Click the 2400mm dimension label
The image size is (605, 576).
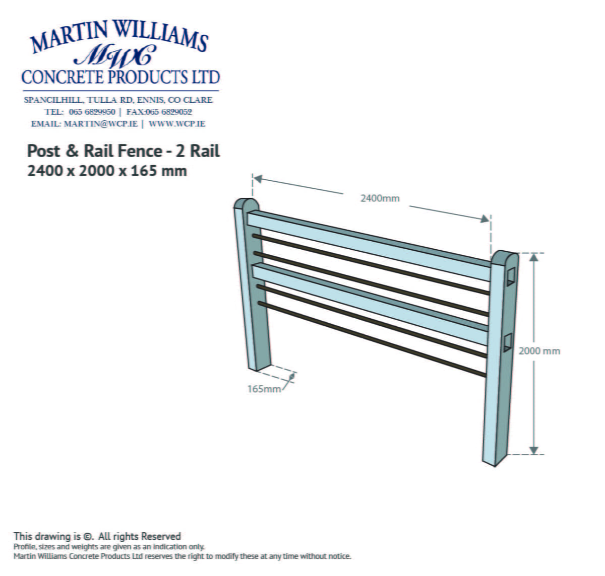380,198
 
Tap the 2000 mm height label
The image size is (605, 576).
539,351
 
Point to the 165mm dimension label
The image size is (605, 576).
264,389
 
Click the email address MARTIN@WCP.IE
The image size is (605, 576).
100,124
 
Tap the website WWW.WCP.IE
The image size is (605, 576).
177,124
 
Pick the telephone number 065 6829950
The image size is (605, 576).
92,112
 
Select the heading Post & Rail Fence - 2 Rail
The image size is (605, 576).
124,151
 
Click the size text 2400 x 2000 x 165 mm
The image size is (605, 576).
107,171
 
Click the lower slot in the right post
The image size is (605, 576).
507,342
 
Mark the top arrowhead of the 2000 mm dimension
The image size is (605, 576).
534,257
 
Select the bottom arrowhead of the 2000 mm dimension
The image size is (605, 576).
534,450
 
